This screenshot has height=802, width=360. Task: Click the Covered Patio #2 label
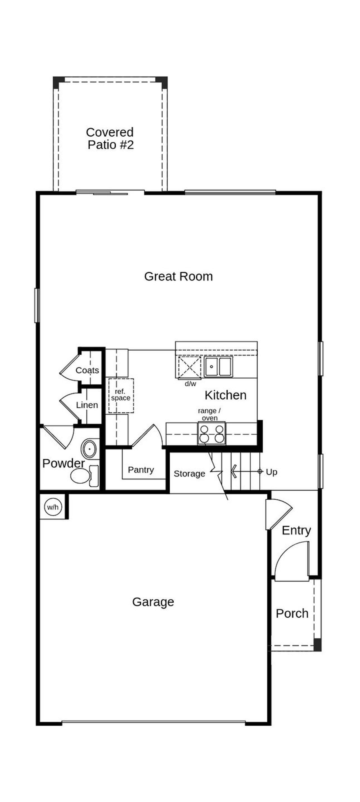click(110, 138)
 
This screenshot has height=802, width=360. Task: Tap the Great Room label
click(178, 276)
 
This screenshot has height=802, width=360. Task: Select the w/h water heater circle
click(53, 507)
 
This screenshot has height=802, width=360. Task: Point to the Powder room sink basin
click(90, 449)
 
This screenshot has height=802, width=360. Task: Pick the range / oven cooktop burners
click(211, 434)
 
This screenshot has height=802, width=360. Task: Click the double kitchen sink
click(218, 367)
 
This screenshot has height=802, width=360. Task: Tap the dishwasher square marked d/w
click(189, 367)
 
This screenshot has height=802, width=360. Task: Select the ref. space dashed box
click(121, 396)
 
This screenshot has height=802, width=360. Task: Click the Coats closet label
click(87, 370)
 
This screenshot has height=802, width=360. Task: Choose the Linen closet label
click(87, 405)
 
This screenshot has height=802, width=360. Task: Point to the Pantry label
click(141, 470)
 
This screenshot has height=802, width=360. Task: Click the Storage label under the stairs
click(189, 473)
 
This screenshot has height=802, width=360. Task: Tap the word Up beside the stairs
click(271, 472)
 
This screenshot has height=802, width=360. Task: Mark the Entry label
click(296, 530)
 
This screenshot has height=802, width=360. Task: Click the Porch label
click(292, 614)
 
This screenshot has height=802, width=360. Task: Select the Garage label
click(153, 602)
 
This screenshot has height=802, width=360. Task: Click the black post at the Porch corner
click(317, 644)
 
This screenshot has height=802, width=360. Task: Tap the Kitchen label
click(226, 395)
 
